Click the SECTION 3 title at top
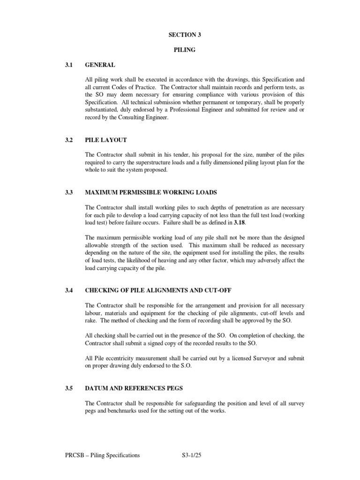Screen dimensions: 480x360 [180, 34]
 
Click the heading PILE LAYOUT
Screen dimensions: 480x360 [106, 140]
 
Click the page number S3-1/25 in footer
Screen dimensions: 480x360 [194, 455]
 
